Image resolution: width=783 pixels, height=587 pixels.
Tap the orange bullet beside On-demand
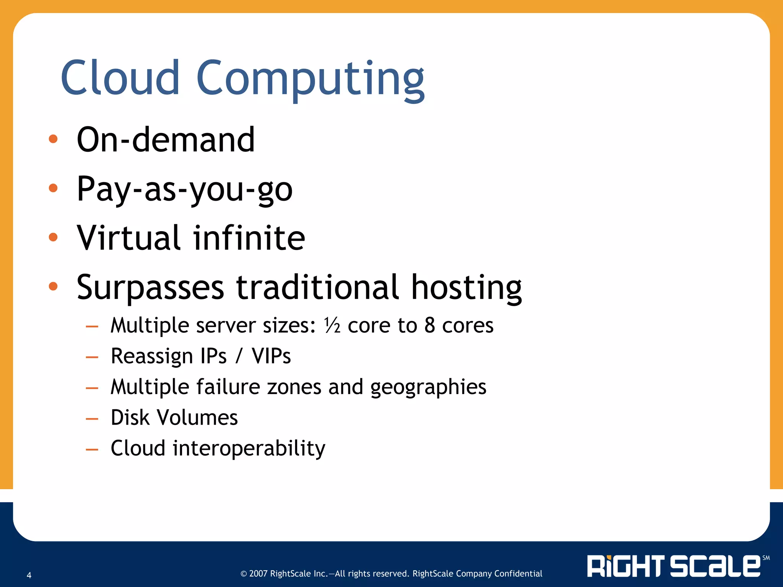53,139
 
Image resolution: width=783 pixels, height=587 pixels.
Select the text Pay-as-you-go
184,189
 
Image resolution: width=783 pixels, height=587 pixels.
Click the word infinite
249,238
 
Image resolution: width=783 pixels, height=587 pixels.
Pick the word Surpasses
150,287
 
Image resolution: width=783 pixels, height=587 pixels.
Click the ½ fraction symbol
332,326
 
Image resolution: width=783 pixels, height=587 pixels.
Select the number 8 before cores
430,326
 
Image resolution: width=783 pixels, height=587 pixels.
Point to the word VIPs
271,356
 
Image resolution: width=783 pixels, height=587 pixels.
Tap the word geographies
428,387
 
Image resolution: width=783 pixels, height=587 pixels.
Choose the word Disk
130,417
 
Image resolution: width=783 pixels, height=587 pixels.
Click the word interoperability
249,448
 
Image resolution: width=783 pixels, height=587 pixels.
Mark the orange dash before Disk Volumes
92,419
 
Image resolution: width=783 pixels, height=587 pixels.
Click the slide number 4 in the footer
29,575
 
